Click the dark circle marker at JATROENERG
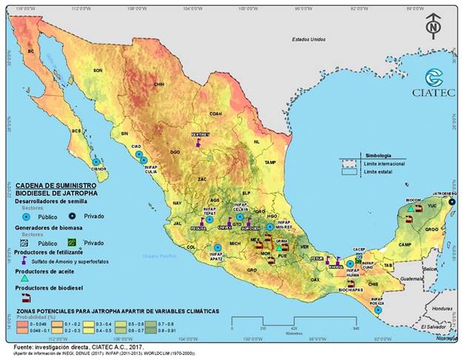(x=452, y=200)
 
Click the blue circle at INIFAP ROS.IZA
(x=378, y=310)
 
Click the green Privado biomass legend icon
(x=70, y=241)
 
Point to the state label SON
(x=96, y=70)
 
